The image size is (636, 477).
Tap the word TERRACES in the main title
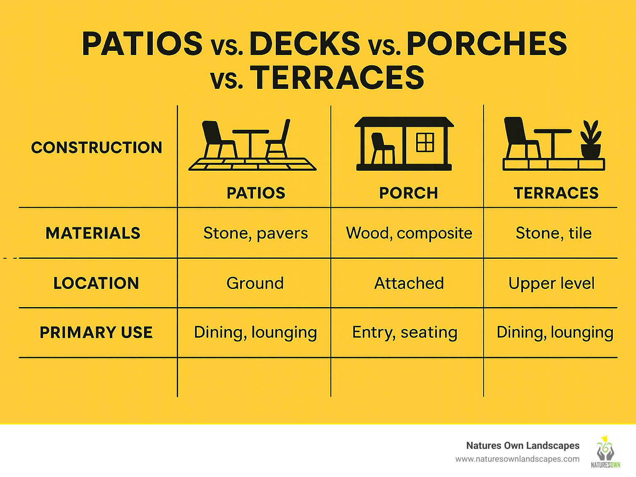point(337,78)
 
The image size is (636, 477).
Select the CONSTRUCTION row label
point(96,148)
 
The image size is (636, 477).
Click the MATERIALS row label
point(93,233)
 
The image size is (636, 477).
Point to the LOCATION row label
point(96,283)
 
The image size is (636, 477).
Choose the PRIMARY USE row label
point(96,332)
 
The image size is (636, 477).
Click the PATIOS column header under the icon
point(256,193)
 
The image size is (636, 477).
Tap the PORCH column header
point(408,193)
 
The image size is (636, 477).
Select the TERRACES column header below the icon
point(556,193)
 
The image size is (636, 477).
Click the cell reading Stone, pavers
point(255,233)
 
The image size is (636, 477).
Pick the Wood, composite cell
point(409,233)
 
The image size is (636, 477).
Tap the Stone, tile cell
point(554,233)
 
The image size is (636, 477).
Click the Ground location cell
point(255,283)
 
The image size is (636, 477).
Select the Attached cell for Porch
point(409,283)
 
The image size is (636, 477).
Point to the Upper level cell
point(552,284)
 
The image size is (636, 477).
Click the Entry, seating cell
point(405,332)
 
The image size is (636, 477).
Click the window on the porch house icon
point(425,142)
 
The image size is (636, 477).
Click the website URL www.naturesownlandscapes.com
point(517,459)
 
